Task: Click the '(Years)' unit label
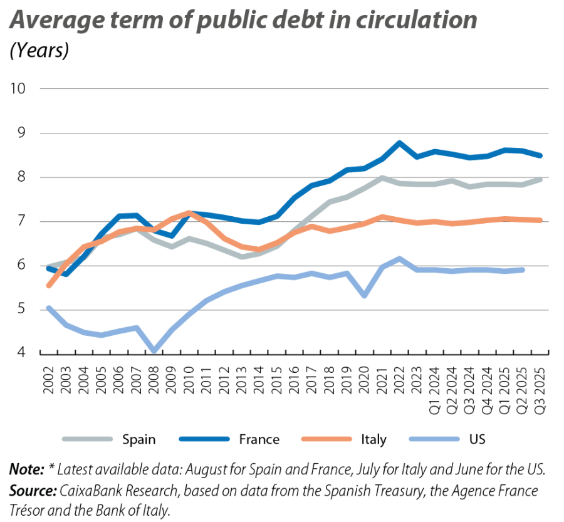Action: coord(39,50)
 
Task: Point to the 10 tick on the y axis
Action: coord(21,88)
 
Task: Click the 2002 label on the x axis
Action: coord(48,378)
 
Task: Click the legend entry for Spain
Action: coord(139,439)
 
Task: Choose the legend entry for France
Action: coord(258,439)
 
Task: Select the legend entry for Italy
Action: coord(373,439)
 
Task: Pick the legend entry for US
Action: coord(477,439)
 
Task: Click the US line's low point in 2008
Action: coord(154,351)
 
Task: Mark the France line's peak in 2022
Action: coord(399,144)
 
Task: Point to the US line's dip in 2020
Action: coord(364,296)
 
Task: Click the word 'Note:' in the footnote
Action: coord(24,469)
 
